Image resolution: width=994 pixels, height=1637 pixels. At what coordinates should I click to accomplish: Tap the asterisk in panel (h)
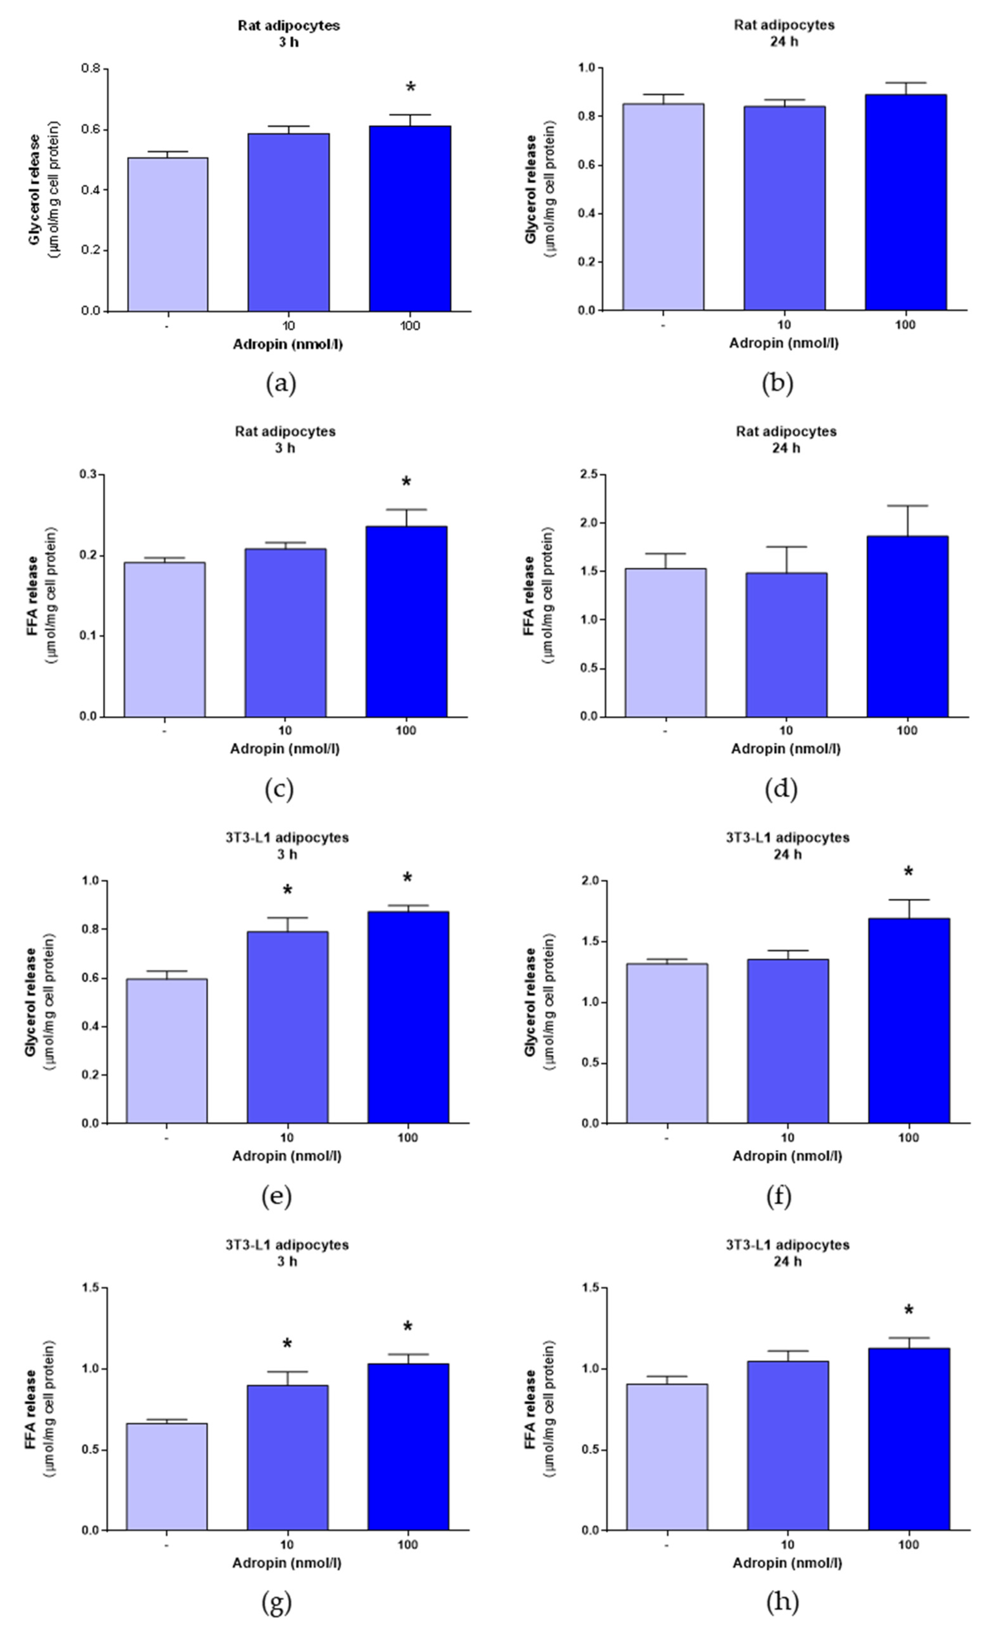pos(908,1311)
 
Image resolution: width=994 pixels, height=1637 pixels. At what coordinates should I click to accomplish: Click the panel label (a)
pos(281,383)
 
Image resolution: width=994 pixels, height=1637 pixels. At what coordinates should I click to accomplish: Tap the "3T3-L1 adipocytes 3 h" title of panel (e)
pos(287,845)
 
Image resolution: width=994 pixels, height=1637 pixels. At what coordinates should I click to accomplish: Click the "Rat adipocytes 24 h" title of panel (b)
pos(784,33)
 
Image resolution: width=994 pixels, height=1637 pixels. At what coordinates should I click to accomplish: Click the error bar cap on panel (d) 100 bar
pos(907,506)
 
